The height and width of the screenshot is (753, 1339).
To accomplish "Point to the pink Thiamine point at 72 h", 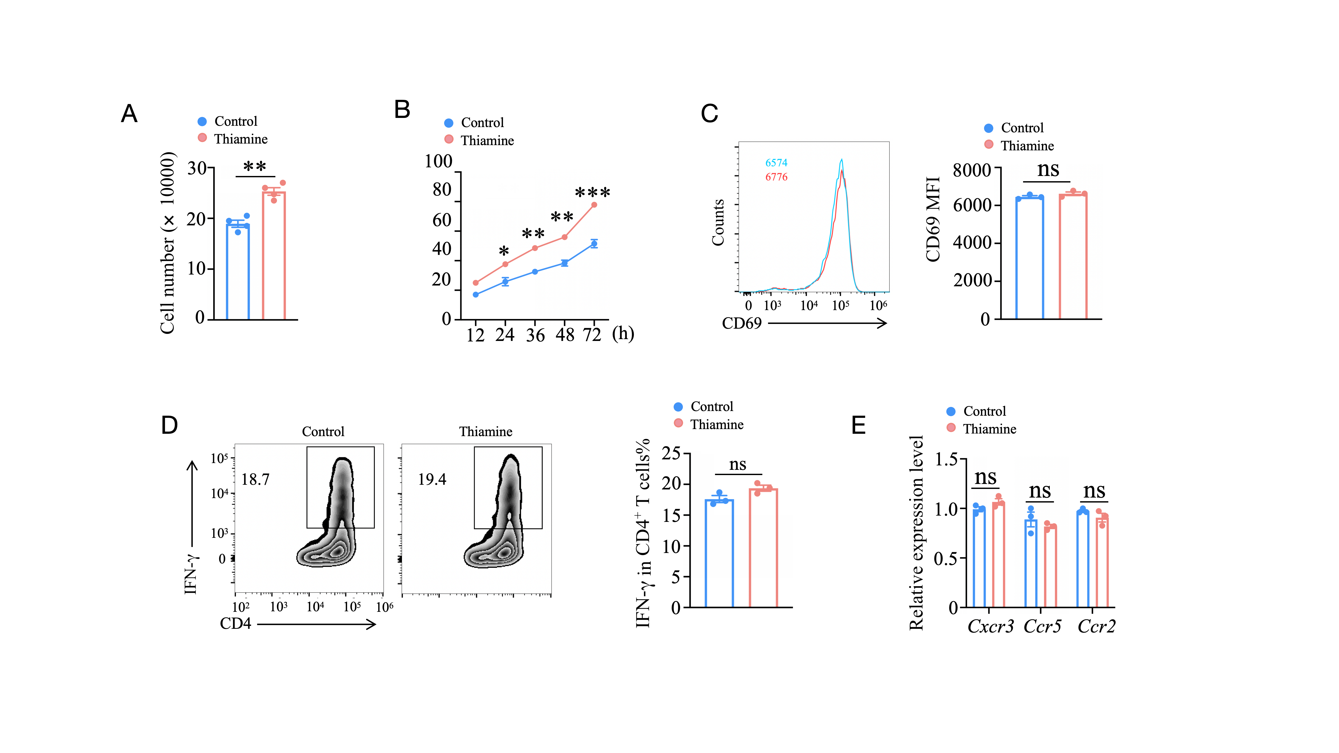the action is click(x=594, y=205).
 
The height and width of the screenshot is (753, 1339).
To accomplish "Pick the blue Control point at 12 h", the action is click(x=476, y=295).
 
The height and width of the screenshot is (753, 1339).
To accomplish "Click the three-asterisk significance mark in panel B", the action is click(x=593, y=193).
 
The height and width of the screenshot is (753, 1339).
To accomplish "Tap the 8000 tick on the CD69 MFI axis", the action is click(x=972, y=170).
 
